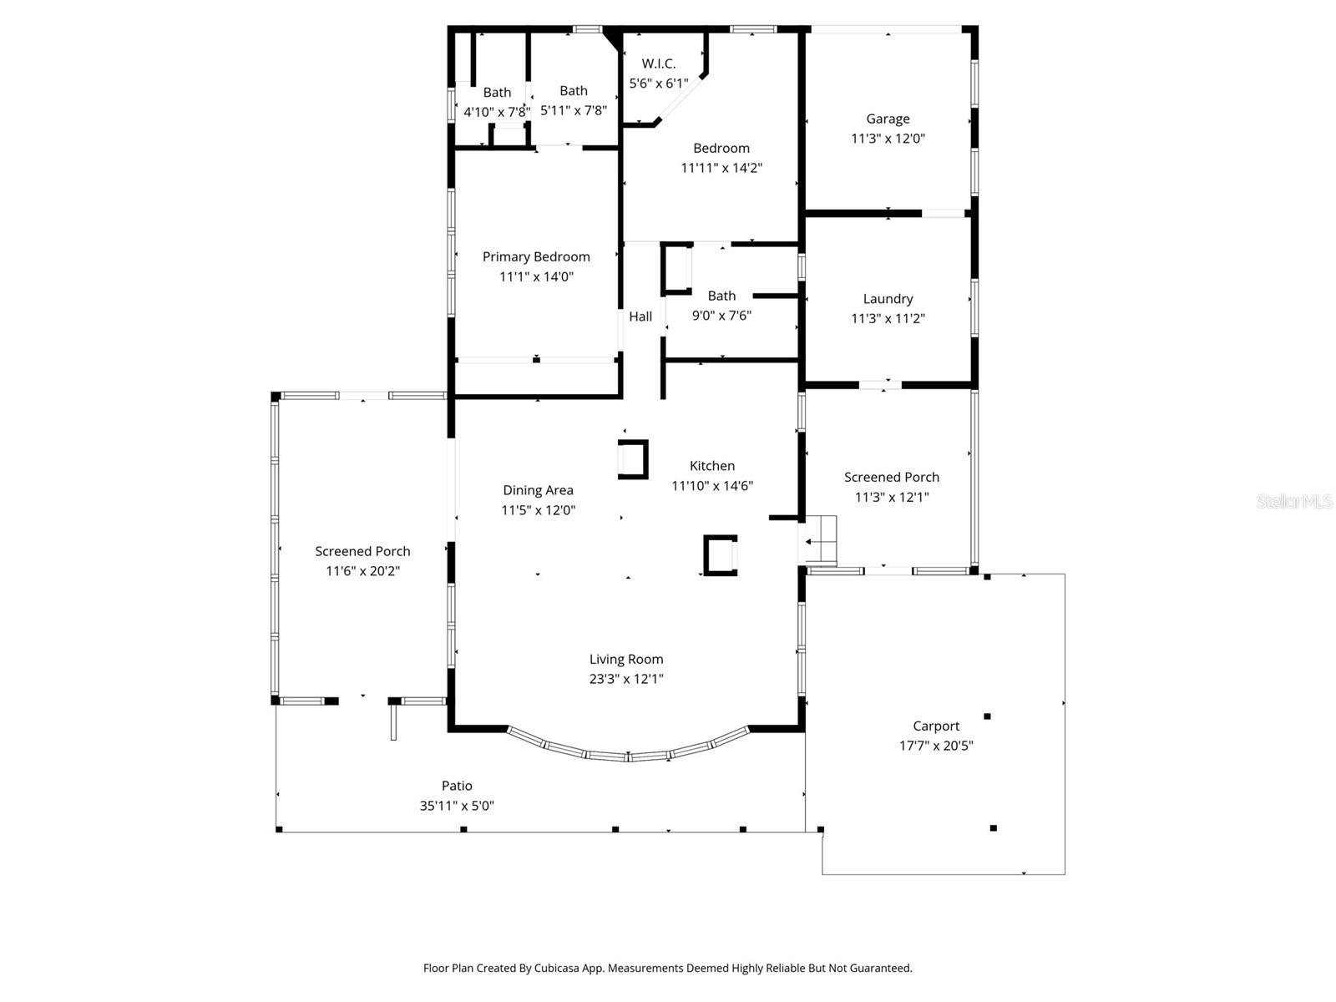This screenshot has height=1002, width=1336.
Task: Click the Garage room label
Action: pos(888,119)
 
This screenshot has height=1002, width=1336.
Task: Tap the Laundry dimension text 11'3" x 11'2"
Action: pos(888,318)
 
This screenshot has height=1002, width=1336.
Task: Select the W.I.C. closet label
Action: pos(658,63)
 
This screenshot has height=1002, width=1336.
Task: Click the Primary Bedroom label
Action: pos(536,256)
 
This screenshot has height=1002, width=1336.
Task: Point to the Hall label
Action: pos(640,316)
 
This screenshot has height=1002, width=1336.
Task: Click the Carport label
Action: pos(936,726)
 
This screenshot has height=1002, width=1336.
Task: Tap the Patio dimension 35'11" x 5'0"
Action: pos(457,806)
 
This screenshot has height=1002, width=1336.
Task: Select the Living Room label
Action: pos(626,659)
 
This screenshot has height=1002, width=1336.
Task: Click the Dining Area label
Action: pos(538,490)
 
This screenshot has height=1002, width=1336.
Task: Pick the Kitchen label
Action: pos(712,466)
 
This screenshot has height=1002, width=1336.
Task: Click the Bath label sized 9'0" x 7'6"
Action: pos(721,296)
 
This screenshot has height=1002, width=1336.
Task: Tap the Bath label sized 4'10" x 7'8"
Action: pos(497,93)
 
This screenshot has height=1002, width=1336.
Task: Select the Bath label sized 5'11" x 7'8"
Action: pos(574,90)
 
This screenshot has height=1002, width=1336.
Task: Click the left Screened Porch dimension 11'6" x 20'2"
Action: pos(362,571)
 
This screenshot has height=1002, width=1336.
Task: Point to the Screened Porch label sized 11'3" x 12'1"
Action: pos(891,477)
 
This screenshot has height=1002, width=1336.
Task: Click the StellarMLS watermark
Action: pos(1294,501)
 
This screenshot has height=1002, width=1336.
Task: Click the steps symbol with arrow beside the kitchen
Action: pos(819,541)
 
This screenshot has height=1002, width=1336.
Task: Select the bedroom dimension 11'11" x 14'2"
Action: pos(721,168)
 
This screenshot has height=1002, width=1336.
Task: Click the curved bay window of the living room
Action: pos(628,755)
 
